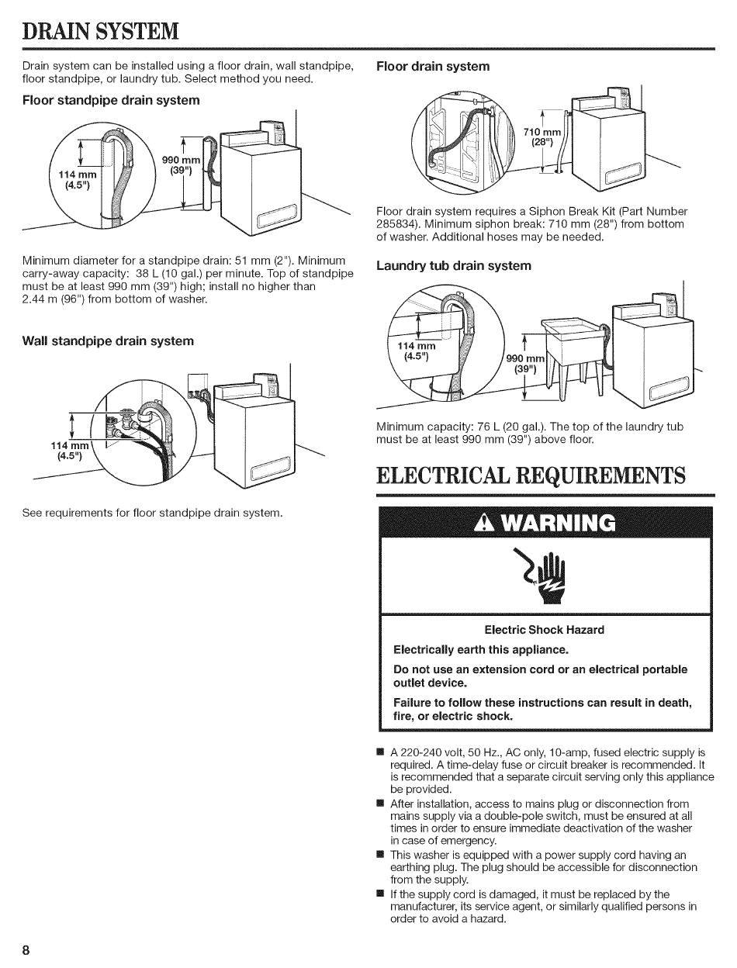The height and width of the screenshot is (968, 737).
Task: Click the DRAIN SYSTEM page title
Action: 102,31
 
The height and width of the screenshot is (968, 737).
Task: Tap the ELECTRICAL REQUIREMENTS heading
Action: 531,475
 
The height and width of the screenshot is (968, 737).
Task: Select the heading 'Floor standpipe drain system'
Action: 111,100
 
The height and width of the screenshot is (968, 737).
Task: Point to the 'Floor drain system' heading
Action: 433,66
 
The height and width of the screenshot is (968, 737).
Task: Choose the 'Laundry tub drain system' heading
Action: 454,266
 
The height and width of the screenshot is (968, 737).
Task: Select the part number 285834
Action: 396,224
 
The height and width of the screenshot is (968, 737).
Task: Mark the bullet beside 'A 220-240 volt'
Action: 379,752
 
